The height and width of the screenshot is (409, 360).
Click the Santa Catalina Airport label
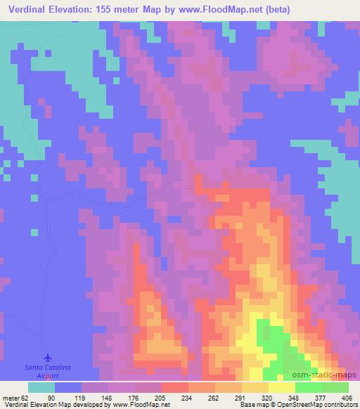(x=47, y=371)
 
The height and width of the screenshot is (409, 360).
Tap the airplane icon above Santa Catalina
(x=48, y=358)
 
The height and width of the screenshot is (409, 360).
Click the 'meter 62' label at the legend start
(x=13, y=398)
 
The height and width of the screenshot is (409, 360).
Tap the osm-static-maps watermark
(x=330, y=375)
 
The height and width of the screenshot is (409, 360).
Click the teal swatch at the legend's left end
(x=41, y=387)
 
